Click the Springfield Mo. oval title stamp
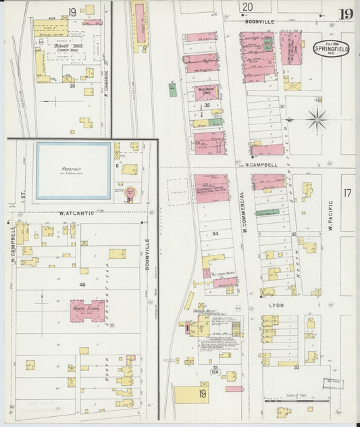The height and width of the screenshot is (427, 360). [x=330, y=50]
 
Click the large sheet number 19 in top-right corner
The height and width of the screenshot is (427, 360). [x=345, y=14]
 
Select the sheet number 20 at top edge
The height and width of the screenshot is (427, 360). [x=248, y=7]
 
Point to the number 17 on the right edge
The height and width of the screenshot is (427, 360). [x=347, y=193]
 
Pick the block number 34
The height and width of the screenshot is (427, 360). [x=215, y=233]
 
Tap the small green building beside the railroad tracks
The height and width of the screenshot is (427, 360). [x=173, y=89]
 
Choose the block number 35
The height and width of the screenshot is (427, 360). [x=207, y=105]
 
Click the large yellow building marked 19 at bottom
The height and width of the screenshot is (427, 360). [x=192, y=394]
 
